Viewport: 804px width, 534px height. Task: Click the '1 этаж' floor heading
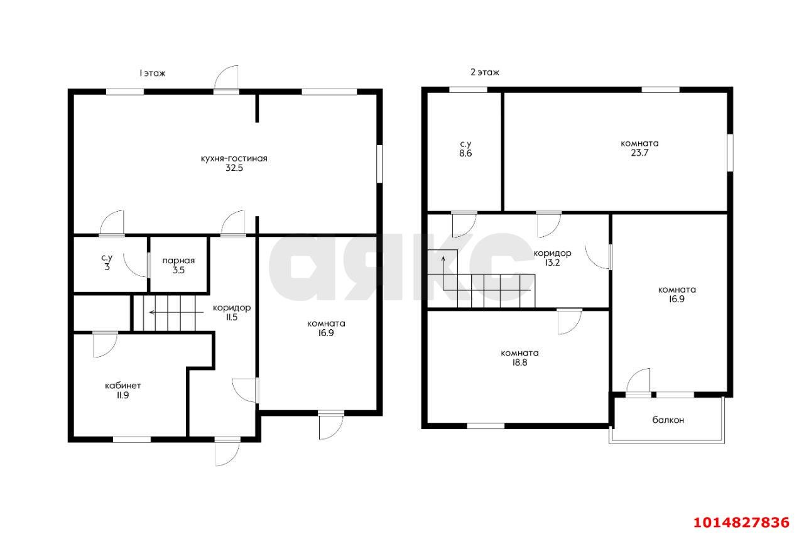152,74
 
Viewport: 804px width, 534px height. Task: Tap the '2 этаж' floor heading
484,72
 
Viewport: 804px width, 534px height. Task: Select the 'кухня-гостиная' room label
234,158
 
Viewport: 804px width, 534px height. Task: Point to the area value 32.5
234,168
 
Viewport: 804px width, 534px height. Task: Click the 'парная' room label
178,261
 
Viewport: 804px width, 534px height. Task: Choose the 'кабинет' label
122,386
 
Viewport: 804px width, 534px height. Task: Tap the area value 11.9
122,395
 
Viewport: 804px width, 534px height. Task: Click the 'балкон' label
668,420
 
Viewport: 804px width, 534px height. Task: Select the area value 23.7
639,153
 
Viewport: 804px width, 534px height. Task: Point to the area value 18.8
519,362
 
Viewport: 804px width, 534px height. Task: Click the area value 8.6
465,153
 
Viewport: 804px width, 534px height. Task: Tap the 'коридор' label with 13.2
552,253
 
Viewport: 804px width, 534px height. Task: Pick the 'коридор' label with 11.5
232,308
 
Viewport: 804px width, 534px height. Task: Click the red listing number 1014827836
742,523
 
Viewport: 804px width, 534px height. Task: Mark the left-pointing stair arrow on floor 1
177,313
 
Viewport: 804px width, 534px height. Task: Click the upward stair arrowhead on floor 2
443,258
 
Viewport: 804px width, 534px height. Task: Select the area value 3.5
178,270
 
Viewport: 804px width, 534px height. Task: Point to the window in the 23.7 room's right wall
730,153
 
